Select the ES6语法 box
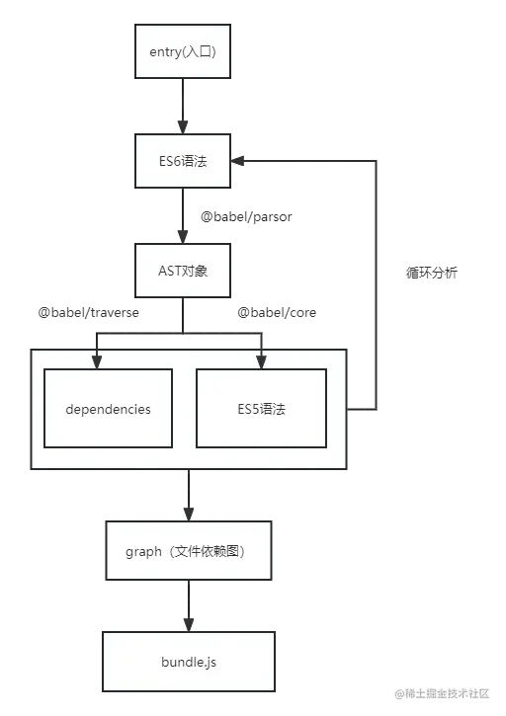pyautogui.click(x=183, y=161)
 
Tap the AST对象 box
pyautogui.click(x=183, y=271)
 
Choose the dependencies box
pyautogui.click(x=108, y=408)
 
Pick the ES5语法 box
pyautogui.click(x=261, y=408)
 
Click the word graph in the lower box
pyautogui.click(x=143, y=551)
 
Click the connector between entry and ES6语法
pyautogui.click(x=183, y=106)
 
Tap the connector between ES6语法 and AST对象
pyautogui.click(x=183, y=215)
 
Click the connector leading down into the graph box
pyautogui.click(x=184, y=496)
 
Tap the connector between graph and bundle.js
pyautogui.click(x=184, y=604)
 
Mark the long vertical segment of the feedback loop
pyautogui.click(x=377, y=286)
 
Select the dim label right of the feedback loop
pyautogui.click(x=431, y=273)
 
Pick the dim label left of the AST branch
pyautogui.click(x=87, y=315)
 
